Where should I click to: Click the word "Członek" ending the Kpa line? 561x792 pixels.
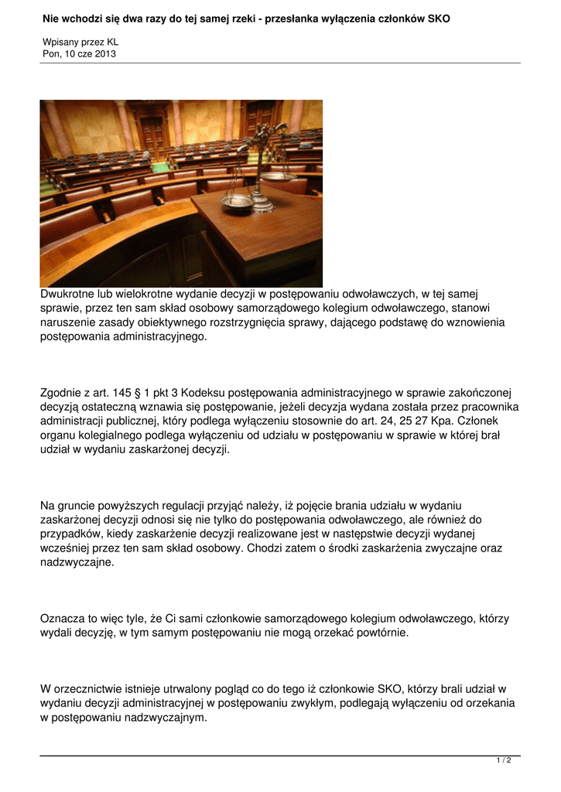(484, 421)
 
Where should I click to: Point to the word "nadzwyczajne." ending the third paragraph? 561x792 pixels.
(77, 562)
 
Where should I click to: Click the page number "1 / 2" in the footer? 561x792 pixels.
(504, 761)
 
